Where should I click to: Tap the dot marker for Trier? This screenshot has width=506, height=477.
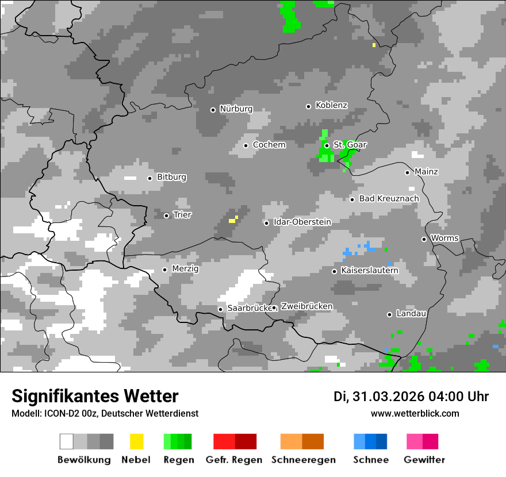[x=167, y=216]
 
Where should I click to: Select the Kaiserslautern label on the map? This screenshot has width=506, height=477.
[x=369, y=271]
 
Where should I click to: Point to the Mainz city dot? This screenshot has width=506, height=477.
[x=407, y=172]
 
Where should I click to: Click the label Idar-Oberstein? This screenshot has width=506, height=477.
[x=302, y=222]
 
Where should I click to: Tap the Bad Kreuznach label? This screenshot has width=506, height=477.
[x=389, y=199]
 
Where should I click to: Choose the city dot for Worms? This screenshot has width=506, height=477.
[x=424, y=239]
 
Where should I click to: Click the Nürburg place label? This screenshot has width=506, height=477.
[x=236, y=109]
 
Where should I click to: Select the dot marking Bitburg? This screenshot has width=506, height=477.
[x=150, y=178]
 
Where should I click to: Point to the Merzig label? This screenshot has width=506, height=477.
[x=185, y=269]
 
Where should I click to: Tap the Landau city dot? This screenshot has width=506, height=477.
[x=389, y=314]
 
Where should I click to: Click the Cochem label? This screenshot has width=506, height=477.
[x=269, y=145]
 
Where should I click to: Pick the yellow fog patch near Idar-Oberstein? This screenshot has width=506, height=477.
[x=233, y=219]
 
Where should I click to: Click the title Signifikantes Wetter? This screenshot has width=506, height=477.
[x=95, y=396]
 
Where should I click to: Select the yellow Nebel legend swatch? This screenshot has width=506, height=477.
[x=136, y=441]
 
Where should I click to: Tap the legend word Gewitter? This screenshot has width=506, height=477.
[x=424, y=460]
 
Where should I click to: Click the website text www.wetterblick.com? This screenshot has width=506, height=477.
[x=415, y=413]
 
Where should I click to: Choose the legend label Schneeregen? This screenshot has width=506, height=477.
[x=303, y=460]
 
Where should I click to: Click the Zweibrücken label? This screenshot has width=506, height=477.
[x=306, y=306]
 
